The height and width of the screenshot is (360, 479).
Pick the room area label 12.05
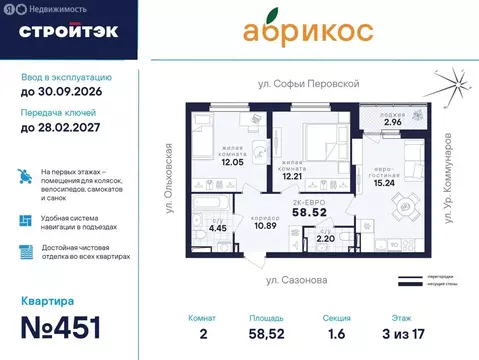[232, 161]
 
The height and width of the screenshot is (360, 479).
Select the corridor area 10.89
[265, 225]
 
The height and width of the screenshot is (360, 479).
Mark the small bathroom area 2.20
[326, 240]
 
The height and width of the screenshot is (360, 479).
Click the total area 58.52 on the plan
[317, 213]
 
